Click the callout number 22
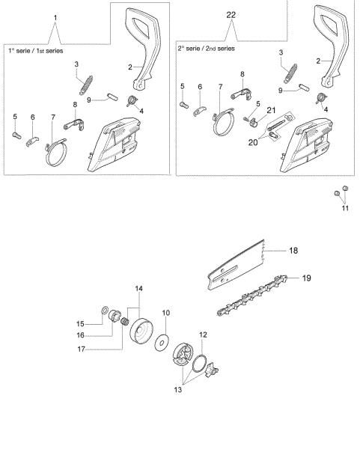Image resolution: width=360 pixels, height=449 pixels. [x=231, y=15]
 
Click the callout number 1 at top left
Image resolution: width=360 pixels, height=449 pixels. [x=55, y=16]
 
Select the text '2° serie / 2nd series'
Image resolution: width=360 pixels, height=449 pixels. [x=207, y=48]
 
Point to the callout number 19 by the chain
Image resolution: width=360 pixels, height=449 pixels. [x=305, y=278]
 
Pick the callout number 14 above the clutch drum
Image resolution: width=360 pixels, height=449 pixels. [x=138, y=288]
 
